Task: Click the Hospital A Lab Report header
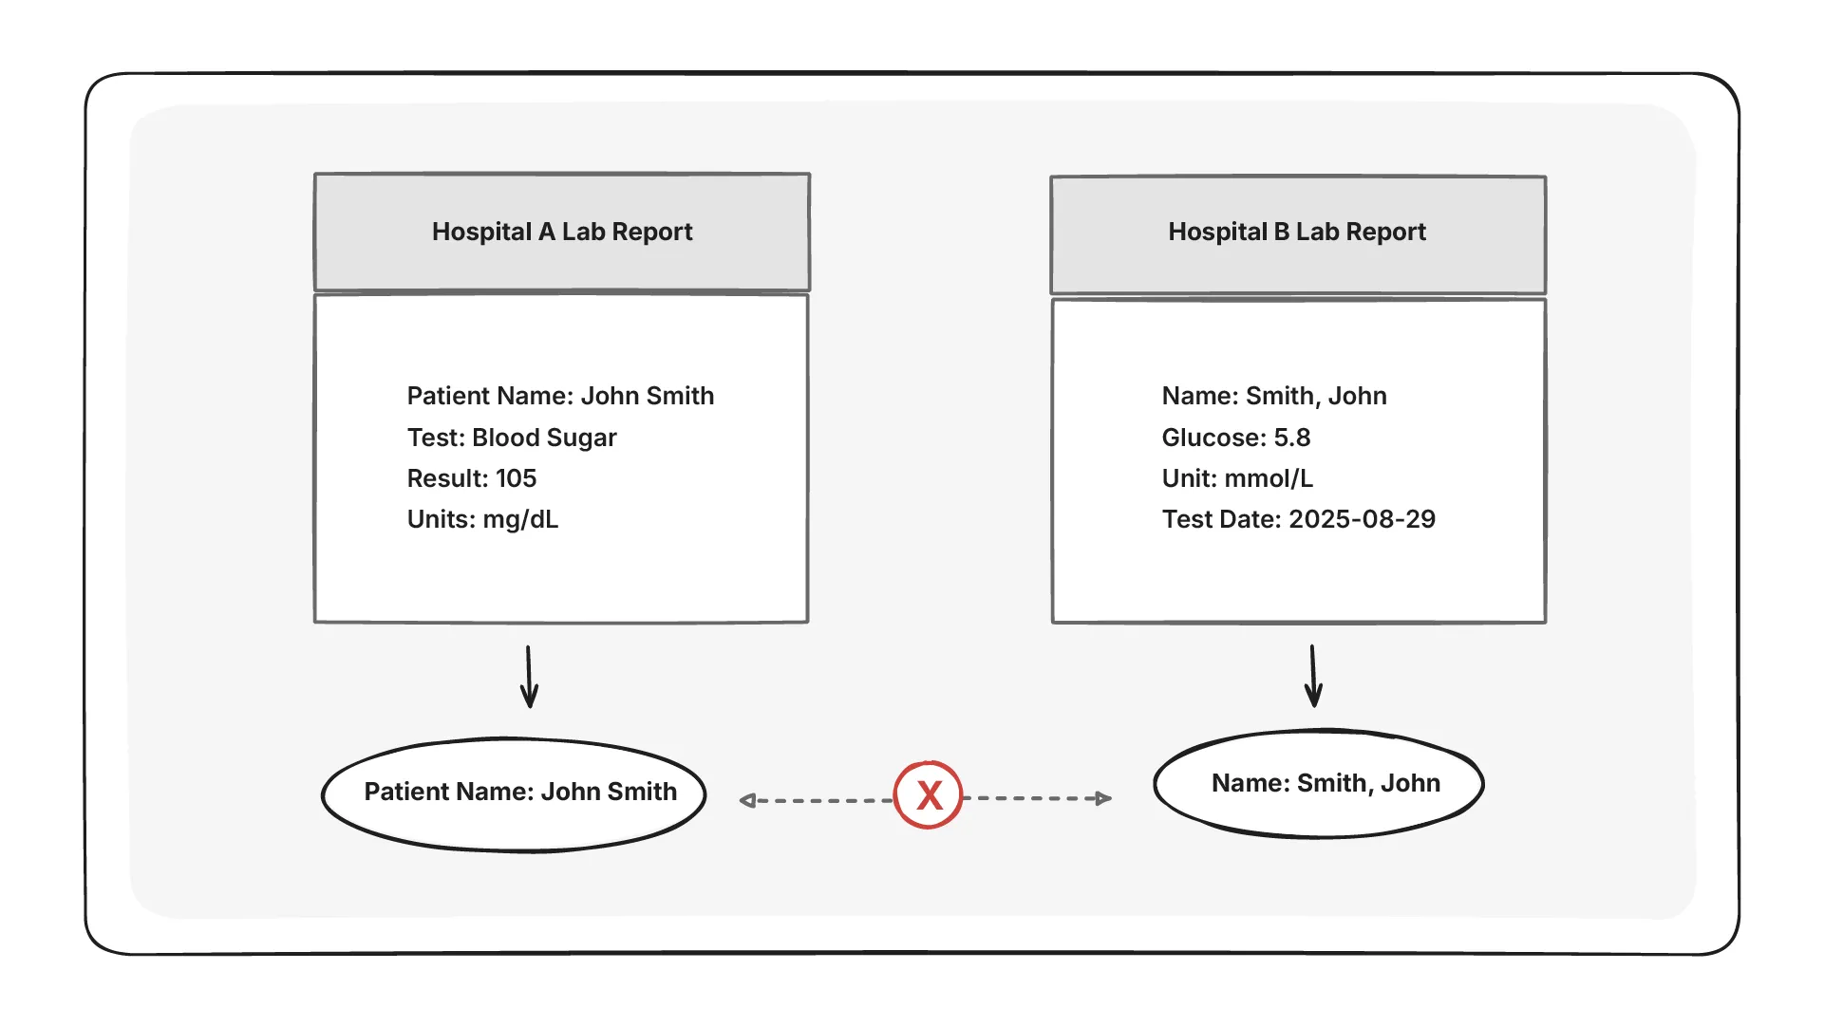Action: (x=562, y=232)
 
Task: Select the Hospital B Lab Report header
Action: (x=1297, y=233)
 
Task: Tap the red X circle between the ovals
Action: (x=929, y=795)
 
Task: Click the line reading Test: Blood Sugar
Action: (x=512, y=438)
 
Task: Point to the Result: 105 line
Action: (x=472, y=478)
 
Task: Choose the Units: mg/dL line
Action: (x=482, y=519)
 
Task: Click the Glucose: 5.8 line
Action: (x=1235, y=438)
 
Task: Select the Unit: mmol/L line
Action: (x=1237, y=478)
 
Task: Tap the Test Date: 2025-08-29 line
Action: (x=1298, y=519)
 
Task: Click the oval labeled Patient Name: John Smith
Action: (x=514, y=794)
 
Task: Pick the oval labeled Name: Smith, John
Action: (x=1319, y=784)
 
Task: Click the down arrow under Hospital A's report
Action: (x=530, y=678)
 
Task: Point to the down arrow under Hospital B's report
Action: (x=1314, y=677)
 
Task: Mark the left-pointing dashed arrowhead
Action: (x=748, y=801)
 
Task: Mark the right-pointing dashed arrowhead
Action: (x=1103, y=798)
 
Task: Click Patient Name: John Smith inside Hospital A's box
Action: (x=560, y=396)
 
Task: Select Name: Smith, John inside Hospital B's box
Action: (x=1273, y=396)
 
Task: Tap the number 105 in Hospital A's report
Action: (x=516, y=478)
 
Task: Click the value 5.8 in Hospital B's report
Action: (x=1291, y=438)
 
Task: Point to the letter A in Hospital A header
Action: (x=547, y=232)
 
